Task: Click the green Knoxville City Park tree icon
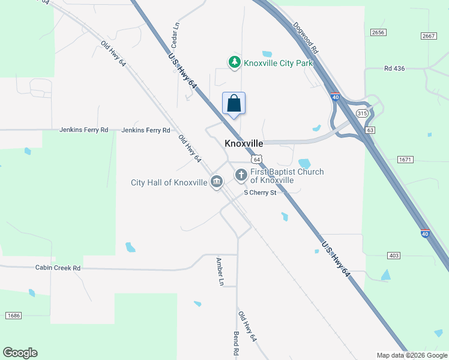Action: click(x=234, y=62)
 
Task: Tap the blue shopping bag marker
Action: click(x=234, y=103)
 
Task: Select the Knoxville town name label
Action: click(x=244, y=144)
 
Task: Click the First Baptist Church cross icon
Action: click(x=241, y=175)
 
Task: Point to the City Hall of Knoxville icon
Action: click(x=217, y=182)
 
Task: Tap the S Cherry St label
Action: click(x=260, y=193)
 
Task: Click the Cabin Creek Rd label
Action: click(x=58, y=268)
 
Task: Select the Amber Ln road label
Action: click(x=220, y=271)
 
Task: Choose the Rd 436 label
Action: click(x=394, y=68)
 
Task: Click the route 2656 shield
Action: click(x=378, y=32)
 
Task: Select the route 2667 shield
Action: click(x=428, y=36)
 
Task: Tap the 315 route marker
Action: click(x=361, y=113)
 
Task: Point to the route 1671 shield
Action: click(x=405, y=160)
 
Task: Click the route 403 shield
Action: click(x=394, y=256)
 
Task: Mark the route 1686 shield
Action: click(x=13, y=316)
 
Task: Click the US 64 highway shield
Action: click(x=256, y=159)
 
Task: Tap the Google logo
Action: click(x=20, y=353)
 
